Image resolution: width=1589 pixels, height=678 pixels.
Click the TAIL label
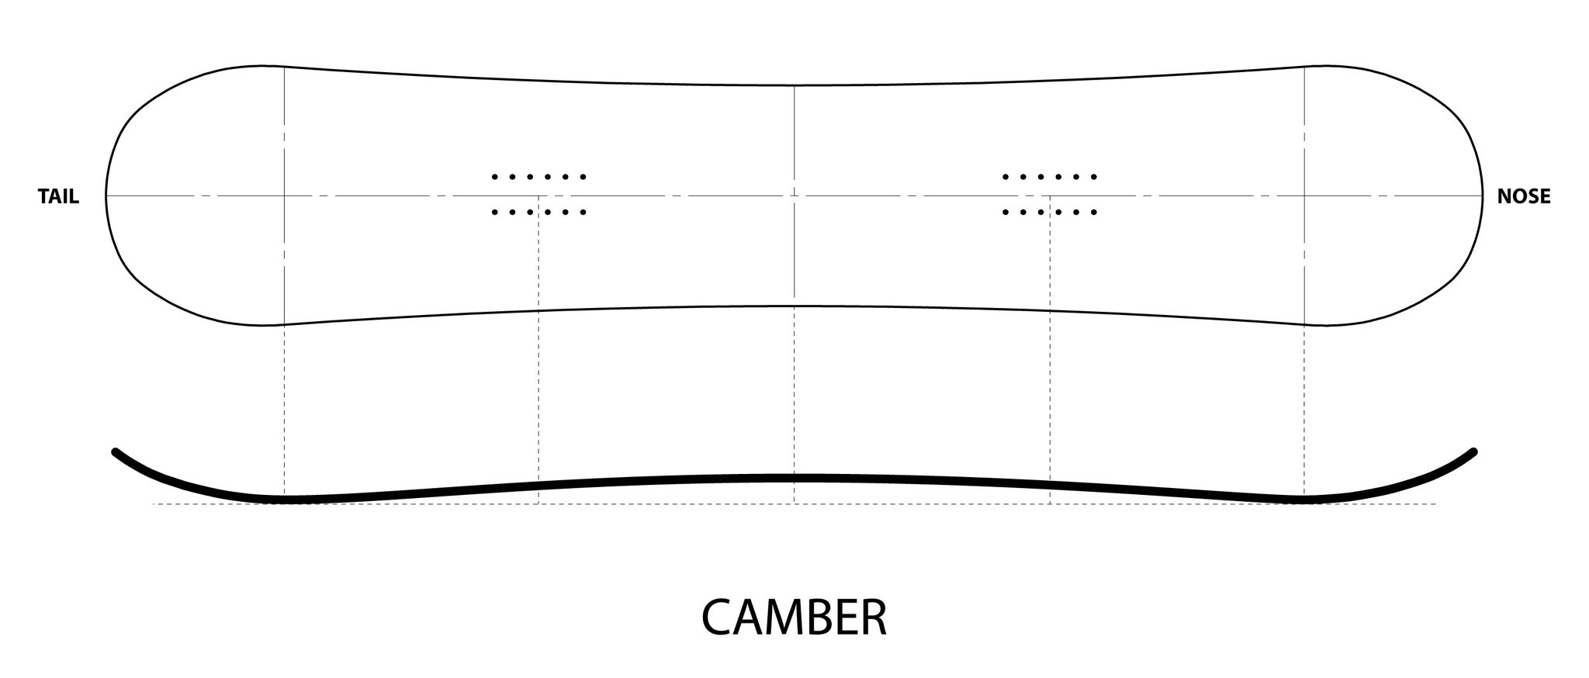(x=58, y=197)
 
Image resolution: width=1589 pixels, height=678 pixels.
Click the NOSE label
(x=1524, y=197)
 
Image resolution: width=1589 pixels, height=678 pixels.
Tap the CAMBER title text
(x=794, y=617)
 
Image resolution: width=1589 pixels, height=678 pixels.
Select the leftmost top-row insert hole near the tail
(x=494, y=177)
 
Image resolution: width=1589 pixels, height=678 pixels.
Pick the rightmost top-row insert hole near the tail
(x=583, y=177)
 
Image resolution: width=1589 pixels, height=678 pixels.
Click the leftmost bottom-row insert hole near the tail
(x=494, y=212)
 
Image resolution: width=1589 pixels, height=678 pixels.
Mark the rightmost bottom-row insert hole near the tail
(x=583, y=212)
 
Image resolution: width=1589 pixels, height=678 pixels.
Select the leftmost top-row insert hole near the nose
(x=1006, y=177)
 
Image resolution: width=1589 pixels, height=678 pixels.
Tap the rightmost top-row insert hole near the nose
(x=1095, y=177)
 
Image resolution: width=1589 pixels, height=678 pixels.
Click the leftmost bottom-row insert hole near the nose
(x=1006, y=212)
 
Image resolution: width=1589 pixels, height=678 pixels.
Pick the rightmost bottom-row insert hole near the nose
(x=1095, y=212)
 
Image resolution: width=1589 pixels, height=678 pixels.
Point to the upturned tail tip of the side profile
(x=115, y=451)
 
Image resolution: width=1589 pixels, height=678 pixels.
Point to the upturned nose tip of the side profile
(x=1473, y=451)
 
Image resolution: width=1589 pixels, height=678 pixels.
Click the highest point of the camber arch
(x=794, y=478)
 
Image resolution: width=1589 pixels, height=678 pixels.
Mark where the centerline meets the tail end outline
(x=106, y=196)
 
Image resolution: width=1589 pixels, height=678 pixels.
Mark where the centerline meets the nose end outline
(x=1482, y=196)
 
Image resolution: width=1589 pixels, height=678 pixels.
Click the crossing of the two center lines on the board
(x=794, y=196)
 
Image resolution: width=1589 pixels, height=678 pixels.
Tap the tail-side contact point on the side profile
(x=284, y=500)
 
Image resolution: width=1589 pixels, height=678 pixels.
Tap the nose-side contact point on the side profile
(x=1304, y=500)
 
